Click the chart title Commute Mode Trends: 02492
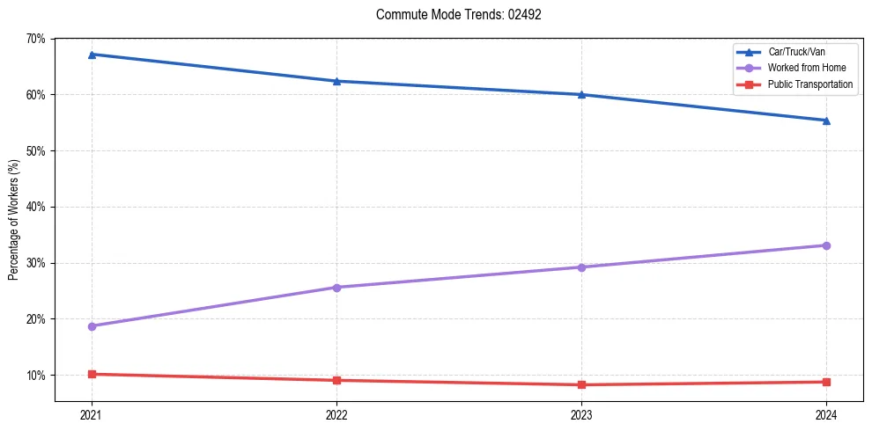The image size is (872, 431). point(452,15)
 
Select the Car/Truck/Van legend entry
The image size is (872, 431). point(796,52)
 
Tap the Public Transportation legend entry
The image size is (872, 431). point(809,84)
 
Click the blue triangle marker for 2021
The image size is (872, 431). point(92,55)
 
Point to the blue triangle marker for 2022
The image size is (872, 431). point(336,81)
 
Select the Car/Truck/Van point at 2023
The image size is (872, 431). point(581,94)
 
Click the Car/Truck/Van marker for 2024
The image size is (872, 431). point(826,121)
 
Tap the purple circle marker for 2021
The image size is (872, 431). point(92,326)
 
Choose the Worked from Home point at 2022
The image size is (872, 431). point(336,288)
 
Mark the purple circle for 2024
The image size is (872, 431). point(826,245)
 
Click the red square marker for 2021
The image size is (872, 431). point(92,374)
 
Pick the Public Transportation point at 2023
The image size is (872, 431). point(581,384)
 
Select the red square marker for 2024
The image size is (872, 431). point(826,382)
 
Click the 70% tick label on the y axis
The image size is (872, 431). point(35,39)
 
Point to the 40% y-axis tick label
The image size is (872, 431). point(35,207)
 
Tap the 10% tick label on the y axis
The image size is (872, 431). point(35,376)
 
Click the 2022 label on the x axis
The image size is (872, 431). point(336,414)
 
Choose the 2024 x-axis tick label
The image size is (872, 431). point(826,414)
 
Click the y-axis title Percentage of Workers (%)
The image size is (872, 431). point(13,220)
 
